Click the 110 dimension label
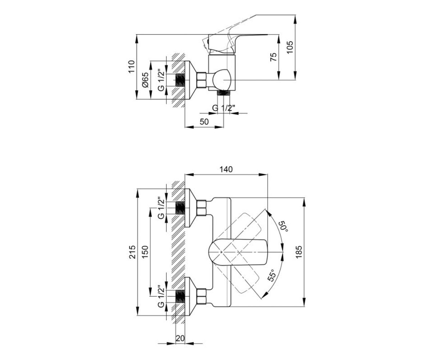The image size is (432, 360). tap(132, 66)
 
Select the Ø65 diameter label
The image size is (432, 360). tap(145, 80)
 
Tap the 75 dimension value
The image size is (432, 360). tap(273, 57)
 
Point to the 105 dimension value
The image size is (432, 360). tap(290, 48)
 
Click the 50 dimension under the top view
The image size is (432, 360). tap(204, 122)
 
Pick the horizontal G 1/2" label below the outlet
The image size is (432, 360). tap(224, 108)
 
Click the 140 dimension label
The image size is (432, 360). tap(226, 169)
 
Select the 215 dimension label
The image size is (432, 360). tap(132, 252)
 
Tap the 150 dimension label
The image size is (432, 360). tap(145, 252)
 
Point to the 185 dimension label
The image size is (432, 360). tap(299, 252)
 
